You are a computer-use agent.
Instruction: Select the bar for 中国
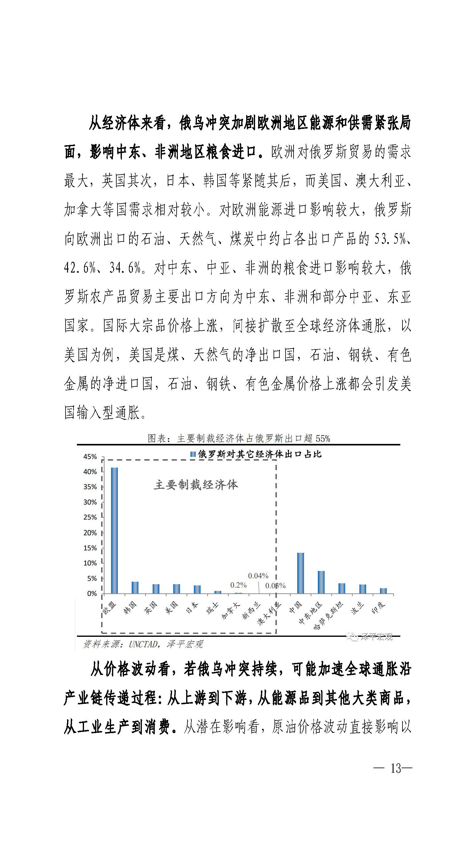click(300, 573)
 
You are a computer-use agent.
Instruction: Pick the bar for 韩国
click(135, 588)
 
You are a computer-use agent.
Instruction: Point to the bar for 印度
click(383, 591)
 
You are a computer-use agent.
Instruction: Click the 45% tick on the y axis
click(90, 457)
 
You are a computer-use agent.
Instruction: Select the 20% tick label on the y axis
click(90, 533)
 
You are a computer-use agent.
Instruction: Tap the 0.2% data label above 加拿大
click(238, 585)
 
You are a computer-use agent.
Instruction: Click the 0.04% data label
click(258, 576)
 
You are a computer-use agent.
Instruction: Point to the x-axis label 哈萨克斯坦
click(334, 613)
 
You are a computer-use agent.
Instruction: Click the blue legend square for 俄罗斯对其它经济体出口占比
click(193, 454)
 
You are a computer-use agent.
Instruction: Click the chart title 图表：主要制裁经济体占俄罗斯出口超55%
click(239, 438)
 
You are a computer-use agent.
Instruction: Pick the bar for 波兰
click(362, 589)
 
